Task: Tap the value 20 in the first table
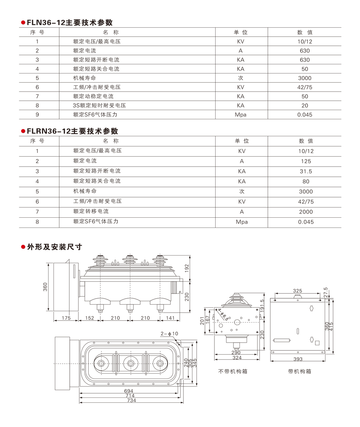coord(305,105)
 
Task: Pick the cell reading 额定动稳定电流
coord(93,96)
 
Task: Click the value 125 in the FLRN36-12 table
coord(305,161)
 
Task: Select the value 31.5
coord(305,171)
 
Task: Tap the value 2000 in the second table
coord(306,212)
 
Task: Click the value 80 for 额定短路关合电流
coord(306,181)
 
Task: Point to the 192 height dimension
coord(186,268)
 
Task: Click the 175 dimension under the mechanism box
coord(66,318)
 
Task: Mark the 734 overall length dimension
coord(131,401)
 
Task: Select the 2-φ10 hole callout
coord(169,333)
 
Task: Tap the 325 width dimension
coord(297,291)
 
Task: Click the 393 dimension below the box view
coord(297,359)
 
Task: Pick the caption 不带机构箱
coord(233,371)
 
